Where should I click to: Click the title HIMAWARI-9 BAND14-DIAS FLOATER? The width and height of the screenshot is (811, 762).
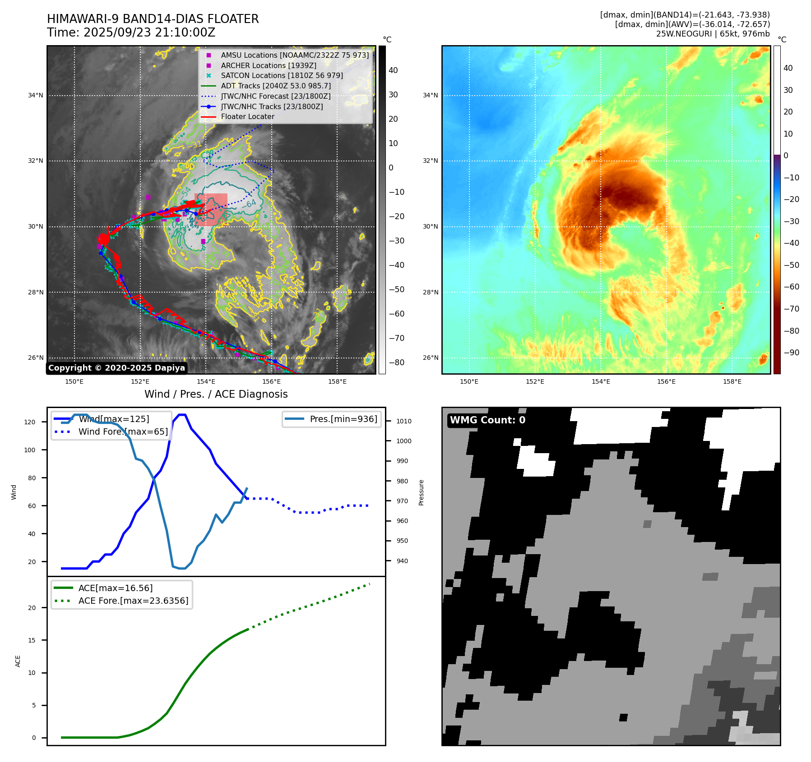[x=153, y=19]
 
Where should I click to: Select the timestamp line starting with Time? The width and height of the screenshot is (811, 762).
[x=131, y=32]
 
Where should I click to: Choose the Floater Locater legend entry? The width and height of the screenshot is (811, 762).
[x=247, y=116]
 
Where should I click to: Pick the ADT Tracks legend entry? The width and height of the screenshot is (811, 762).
[x=275, y=86]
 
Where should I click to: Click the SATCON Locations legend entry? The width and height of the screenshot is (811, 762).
[x=282, y=75]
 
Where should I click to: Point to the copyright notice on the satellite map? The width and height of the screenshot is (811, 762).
[x=116, y=368]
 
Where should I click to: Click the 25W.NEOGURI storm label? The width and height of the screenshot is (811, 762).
[x=713, y=34]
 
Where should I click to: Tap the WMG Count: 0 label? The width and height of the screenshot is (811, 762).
[x=487, y=420]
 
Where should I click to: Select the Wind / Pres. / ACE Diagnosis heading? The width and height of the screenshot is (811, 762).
[x=216, y=394]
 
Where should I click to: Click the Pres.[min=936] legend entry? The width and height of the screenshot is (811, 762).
[x=343, y=419]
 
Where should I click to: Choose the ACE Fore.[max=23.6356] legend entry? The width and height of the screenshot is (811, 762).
[x=133, y=601]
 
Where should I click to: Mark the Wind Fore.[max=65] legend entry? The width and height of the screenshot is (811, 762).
[x=123, y=431]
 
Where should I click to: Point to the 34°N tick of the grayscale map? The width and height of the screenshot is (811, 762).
[x=36, y=95]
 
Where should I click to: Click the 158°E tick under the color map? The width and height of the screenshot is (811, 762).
[x=732, y=381]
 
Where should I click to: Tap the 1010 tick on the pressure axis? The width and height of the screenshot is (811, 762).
[x=404, y=421]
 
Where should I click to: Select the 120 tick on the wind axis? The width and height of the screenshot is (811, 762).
[x=30, y=422]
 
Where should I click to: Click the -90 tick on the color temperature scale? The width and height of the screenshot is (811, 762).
[x=791, y=353]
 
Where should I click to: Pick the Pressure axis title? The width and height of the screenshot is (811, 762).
[x=421, y=492]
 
